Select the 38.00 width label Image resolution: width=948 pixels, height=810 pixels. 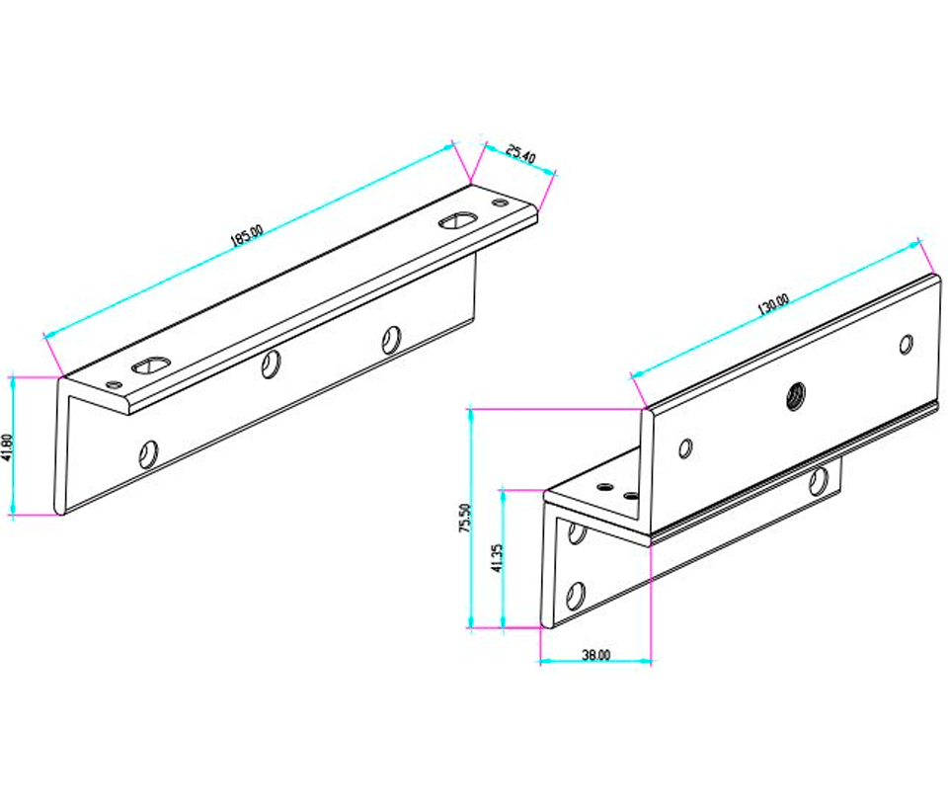pyautogui.click(x=595, y=654)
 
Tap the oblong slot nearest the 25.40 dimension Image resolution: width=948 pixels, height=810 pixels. pyautogui.click(x=456, y=220)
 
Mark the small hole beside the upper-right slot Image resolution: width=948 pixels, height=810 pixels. pyautogui.click(x=499, y=202)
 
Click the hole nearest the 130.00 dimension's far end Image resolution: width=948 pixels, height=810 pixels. pyautogui.click(x=906, y=344)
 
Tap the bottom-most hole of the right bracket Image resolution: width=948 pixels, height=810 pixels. pyautogui.click(x=576, y=596)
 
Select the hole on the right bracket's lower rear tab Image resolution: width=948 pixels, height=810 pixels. pyautogui.click(x=818, y=482)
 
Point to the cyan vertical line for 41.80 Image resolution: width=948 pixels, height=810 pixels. pyautogui.click(x=13, y=445)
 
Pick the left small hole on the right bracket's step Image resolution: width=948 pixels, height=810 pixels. pyautogui.click(x=599, y=486)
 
